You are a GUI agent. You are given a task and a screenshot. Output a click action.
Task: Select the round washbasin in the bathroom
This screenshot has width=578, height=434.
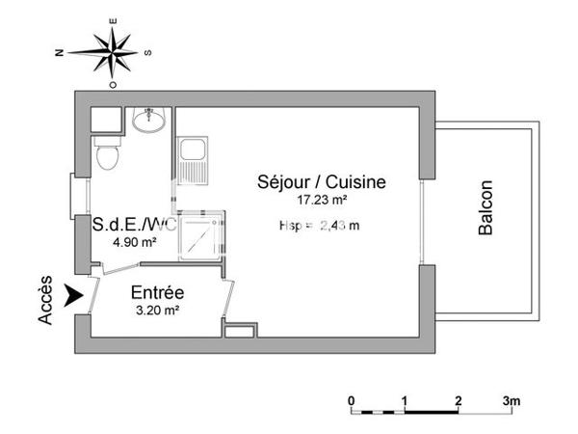(x=149, y=122)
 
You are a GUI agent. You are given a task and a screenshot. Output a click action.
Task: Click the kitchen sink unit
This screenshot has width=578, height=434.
(x=191, y=160)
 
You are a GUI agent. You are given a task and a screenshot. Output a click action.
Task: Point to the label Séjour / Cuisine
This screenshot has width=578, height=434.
(x=321, y=181)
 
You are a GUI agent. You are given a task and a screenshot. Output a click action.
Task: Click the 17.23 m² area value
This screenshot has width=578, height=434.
(x=322, y=200)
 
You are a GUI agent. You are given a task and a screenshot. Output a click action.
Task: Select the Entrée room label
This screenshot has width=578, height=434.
(x=158, y=293)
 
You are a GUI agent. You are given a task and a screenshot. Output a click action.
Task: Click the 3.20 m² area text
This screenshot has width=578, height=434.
(x=157, y=311)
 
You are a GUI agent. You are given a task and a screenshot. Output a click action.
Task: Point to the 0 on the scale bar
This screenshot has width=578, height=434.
(x=353, y=400)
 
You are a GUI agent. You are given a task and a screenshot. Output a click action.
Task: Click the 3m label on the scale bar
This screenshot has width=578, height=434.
(x=512, y=400)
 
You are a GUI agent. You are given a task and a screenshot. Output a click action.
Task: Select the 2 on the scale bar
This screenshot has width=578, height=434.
(x=459, y=400)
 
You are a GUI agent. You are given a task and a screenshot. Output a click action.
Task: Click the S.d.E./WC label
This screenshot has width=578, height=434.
(x=134, y=225)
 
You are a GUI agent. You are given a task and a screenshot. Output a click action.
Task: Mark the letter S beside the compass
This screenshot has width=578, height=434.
(x=146, y=53)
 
